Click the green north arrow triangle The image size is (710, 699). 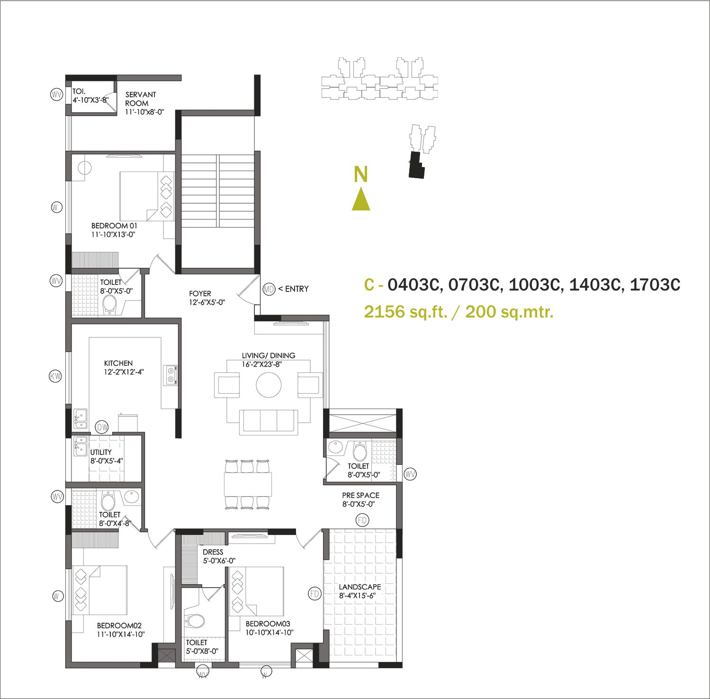[x=361, y=199]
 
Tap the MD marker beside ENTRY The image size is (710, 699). [x=269, y=289]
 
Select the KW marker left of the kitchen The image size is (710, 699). [x=56, y=377]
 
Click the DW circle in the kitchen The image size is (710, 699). [x=102, y=427]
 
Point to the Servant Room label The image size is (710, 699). [x=140, y=99]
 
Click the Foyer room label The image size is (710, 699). [x=200, y=294]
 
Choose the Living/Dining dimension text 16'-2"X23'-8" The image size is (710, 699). [x=262, y=364]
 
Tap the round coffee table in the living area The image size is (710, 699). [x=269, y=384]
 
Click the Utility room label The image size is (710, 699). [x=101, y=452]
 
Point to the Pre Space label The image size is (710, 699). [x=360, y=495]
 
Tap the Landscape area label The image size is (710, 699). [x=359, y=587]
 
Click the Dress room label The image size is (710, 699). [x=213, y=552]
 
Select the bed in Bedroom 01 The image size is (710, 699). [x=147, y=196]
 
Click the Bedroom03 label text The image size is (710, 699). [x=268, y=624]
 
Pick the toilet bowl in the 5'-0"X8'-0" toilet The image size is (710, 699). [x=195, y=620]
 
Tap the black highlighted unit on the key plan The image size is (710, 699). [x=416, y=165]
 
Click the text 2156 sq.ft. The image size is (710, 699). [x=405, y=312]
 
